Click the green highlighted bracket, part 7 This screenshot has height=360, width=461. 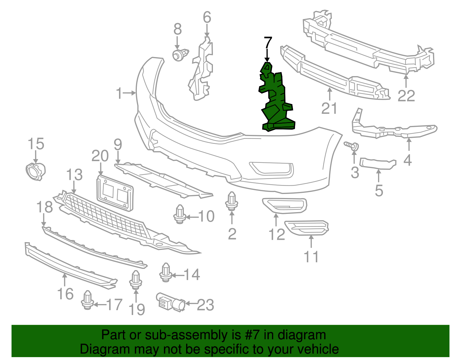click(276, 100)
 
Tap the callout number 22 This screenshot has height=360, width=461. click(406, 96)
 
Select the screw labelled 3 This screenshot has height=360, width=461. click(351, 146)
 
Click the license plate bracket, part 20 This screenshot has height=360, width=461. click(115, 193)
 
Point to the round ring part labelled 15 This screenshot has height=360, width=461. click(35, 171)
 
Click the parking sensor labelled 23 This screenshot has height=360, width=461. click(171, 302)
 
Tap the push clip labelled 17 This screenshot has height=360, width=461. click(87, 300)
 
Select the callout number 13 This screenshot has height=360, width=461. click(74, 175)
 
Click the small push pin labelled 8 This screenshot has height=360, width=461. click(180, 55)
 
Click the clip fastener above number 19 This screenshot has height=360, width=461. click(136, 280)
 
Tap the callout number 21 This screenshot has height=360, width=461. click(329, 108)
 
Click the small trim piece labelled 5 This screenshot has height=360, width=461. click(378, 164)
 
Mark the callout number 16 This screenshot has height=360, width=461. click(65, 294)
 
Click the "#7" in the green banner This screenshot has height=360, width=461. click(252, 335)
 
